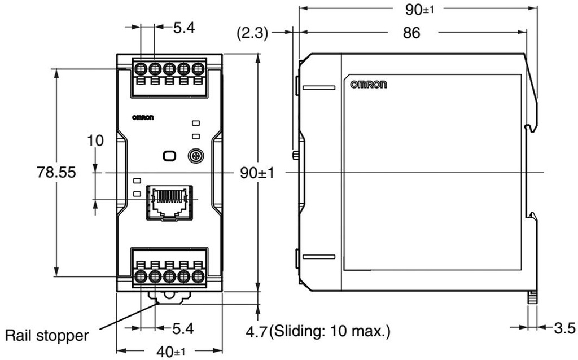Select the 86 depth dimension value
click(x=411, y=33)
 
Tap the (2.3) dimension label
click(x=251, y=33)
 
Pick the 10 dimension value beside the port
click(x=95, y=141)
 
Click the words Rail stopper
click(x=47, y=336)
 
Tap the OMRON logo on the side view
click(x=369, y=85)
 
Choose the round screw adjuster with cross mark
click(x=195, y=156)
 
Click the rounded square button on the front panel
click(x=168, y=156)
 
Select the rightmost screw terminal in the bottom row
click(x=198, y=276)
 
